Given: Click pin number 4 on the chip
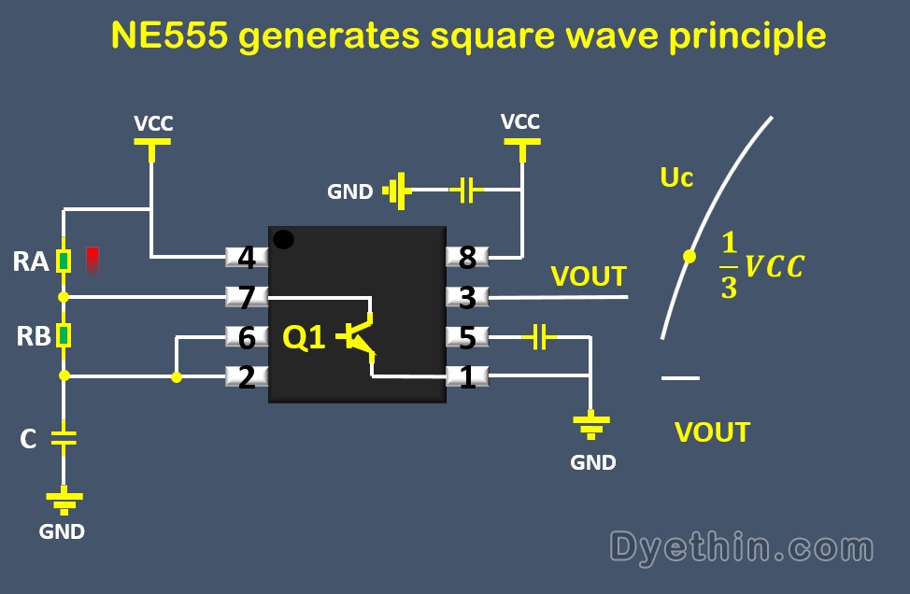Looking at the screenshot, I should pos(247,257).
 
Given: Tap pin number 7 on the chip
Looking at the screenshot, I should pos(247,298).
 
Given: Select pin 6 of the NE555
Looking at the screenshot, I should pos(247,337).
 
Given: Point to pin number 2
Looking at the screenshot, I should pos(247,377).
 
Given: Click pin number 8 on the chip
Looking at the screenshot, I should pos(467,257).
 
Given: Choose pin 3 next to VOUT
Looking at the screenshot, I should pos(467,298).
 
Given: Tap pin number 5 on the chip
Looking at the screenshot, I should pos(467,337).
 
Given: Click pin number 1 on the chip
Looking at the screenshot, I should pos(467,377).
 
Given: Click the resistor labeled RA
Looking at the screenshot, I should pos(64,261).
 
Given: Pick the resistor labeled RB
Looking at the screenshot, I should pos(64,335).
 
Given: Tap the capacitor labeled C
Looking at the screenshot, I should pos(64,437).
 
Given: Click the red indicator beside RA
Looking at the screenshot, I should pos(92,260).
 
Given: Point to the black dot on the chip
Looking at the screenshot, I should pos(283,240).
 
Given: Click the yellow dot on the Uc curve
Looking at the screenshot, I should pos(689,255).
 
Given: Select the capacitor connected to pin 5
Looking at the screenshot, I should pos(538,337).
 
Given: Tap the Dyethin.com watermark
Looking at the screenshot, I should pos(742,546).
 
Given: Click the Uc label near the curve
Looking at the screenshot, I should pos(676,177).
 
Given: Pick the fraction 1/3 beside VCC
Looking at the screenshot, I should pos(729,266).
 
